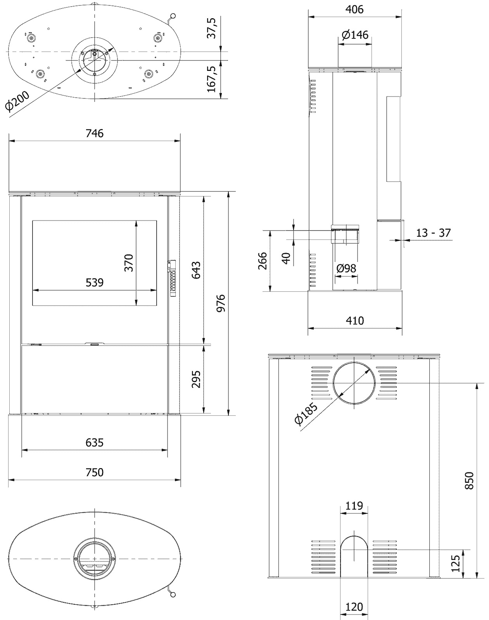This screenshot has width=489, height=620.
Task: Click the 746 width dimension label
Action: point(95,133)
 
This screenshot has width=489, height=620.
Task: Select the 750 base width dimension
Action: point(95,472)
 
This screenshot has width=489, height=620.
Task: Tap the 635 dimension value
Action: point(95,442)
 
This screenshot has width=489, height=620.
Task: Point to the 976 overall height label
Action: point(221,303)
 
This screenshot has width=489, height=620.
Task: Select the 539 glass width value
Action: point(95,282)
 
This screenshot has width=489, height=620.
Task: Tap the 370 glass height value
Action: point(129,262)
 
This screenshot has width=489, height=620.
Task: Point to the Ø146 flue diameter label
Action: point(355,35)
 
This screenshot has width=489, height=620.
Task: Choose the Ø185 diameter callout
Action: point(306,414)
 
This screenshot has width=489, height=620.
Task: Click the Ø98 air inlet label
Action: point(346,268)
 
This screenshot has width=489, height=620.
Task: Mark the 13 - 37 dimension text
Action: point(434,233)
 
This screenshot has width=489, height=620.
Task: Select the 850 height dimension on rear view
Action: point(469,480)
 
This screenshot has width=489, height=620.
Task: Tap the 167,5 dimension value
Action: point(211,79)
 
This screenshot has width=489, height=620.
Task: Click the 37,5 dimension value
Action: point(211,28)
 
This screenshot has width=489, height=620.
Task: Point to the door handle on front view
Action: point(173,278)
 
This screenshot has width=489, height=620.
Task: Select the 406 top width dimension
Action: point(354,9)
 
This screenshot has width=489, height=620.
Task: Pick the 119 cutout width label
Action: point(354,506)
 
